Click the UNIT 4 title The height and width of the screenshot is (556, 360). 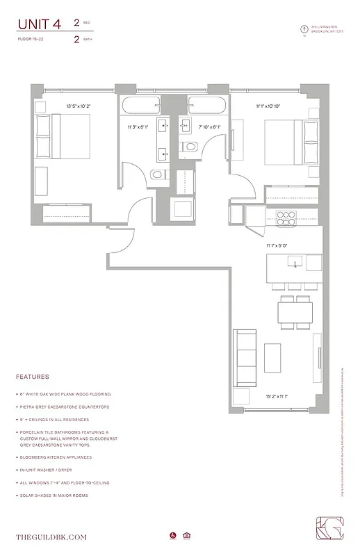39,24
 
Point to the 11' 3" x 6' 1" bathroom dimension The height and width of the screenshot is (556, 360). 138,127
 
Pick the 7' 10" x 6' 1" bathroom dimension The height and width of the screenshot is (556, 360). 208,127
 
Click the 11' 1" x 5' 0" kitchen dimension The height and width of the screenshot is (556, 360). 277,245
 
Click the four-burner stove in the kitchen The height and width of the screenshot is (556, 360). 286,215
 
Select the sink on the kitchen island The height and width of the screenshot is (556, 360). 295,263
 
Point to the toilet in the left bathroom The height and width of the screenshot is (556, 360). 158,174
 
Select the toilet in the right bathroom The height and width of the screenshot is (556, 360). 188,147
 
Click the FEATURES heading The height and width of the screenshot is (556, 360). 32,376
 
